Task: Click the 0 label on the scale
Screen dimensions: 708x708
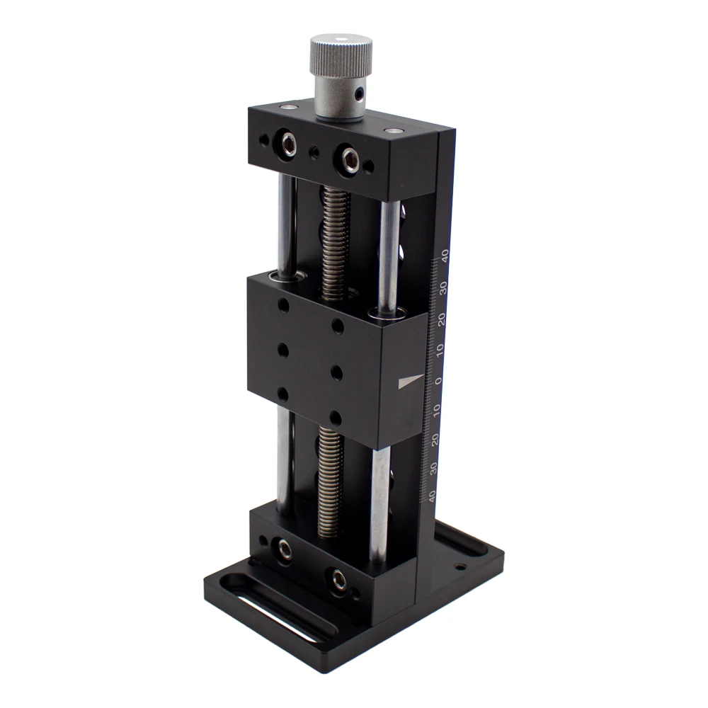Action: (x=438, y=381)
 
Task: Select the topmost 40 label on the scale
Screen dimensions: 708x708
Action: (x=444, y=255)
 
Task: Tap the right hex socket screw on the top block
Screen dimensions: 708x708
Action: (x=349, y=159)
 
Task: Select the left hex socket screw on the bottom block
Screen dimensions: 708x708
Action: (x=285, y=547)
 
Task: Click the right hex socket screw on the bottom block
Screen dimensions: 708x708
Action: (x=338, y=578)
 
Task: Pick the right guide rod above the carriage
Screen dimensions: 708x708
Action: (x=389, y=255)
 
